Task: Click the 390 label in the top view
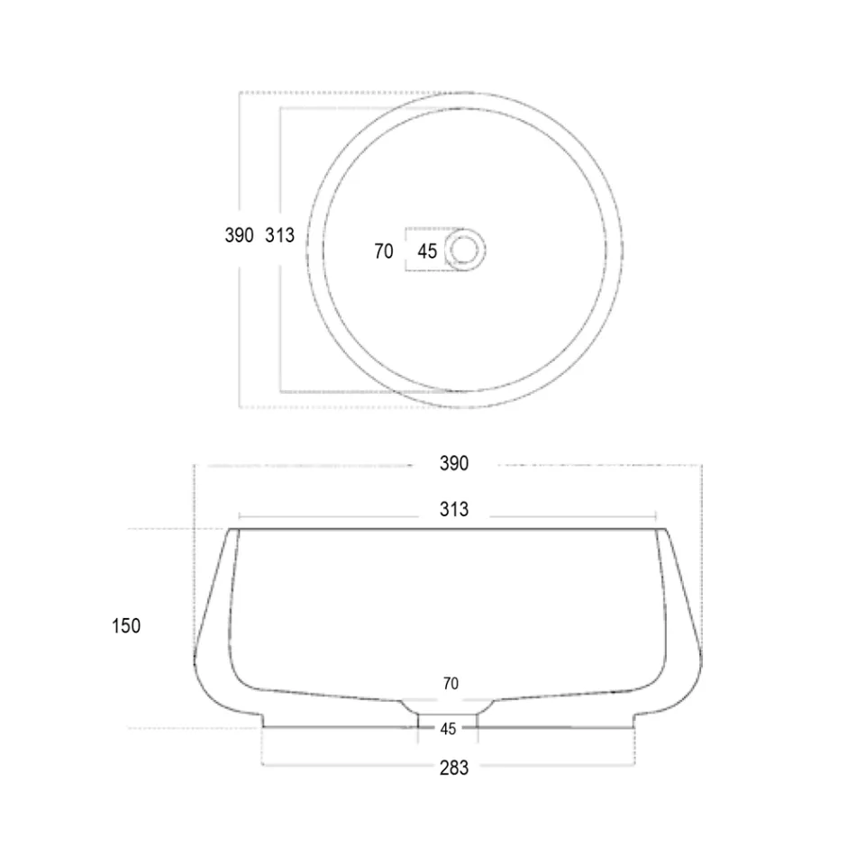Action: (x=239, y=236)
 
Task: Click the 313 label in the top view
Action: (x=280, y=236)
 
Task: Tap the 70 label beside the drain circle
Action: (x=384, y=251)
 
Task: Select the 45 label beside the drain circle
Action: (x=427, y=251)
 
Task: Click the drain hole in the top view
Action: (x=466, y=250)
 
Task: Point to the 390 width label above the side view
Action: (x=454, y=464)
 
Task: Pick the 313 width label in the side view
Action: (x=454, y=510)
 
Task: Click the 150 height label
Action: (x=126, y=625)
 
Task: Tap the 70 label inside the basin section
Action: (x=451, y=684)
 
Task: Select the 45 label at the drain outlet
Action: (x=448, y=728)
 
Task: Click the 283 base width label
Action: (x=454, y=768)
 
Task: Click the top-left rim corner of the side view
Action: (x=232, y=530)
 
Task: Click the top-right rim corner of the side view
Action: (x=667, y=530)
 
